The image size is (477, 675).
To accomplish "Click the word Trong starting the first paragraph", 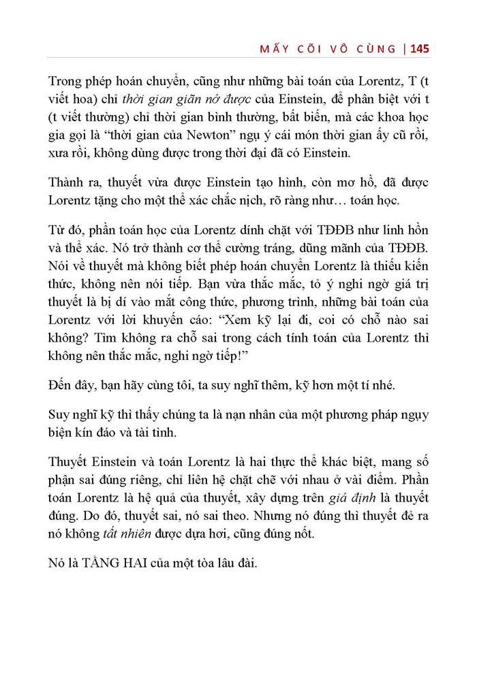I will (66, 83).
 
